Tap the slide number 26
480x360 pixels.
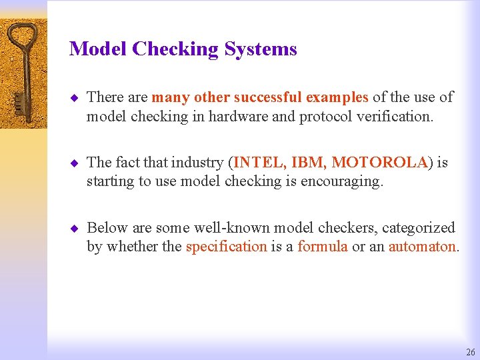471,352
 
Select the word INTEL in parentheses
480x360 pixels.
256,162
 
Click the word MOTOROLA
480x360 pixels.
379,162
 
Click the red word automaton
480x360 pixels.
422,246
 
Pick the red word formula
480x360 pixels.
322,246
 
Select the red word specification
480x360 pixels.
226,246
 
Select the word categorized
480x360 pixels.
418,227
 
